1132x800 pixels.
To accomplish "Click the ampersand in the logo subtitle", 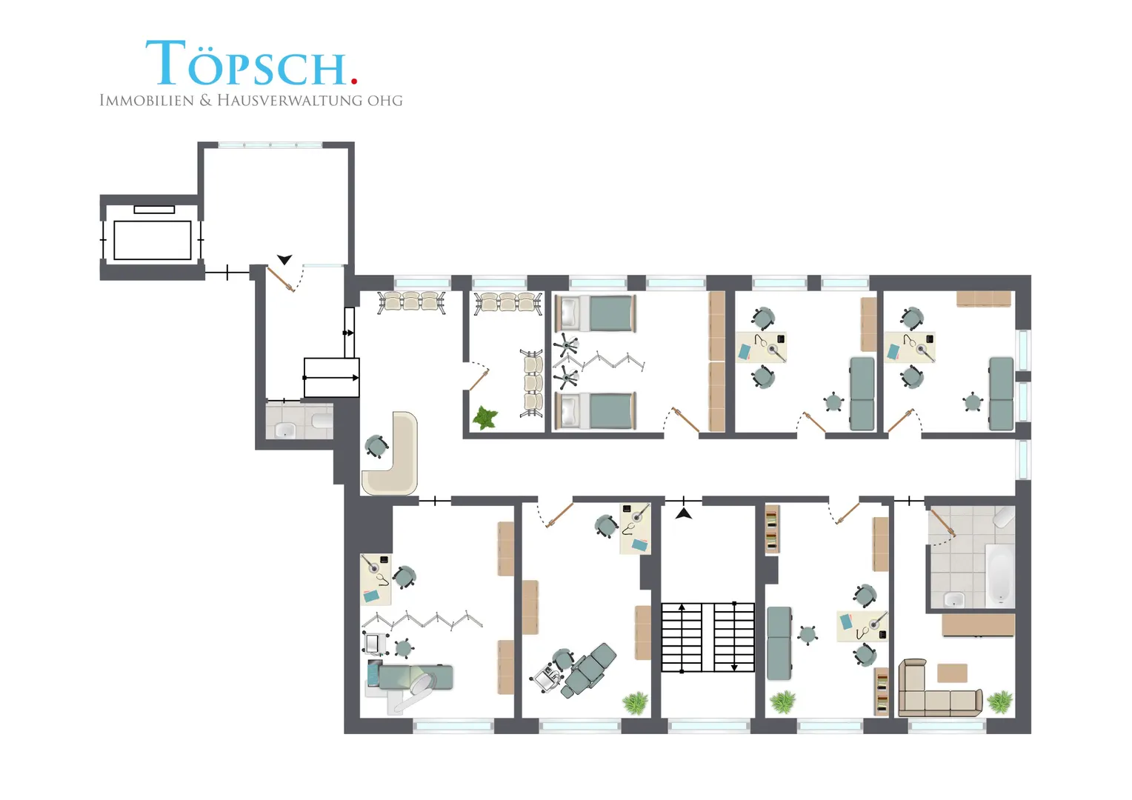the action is tap(206, 100).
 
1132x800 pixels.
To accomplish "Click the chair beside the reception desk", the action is tap(376, 446).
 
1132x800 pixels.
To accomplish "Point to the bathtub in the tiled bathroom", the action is tap(1000, 576).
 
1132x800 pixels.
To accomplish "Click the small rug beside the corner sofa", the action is tap(952, 673).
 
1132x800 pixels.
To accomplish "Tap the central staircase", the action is tap(708, 637).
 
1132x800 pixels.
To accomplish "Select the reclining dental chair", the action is tap(590, 670).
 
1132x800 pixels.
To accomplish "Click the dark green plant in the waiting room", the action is tap(485, 418).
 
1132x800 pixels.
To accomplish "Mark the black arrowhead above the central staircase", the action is tap(684, 513).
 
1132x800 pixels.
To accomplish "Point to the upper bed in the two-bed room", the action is tap(596, 313).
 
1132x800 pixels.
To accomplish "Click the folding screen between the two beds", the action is tap(600, 361).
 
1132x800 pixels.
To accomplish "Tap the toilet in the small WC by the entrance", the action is tap(322, 419).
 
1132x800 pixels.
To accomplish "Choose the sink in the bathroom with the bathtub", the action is tap(955, 600).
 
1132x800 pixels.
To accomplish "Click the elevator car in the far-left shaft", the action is tap(153, 240).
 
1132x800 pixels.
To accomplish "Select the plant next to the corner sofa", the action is tap(1000, 702).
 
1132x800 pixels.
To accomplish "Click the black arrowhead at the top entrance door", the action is tap(284, 259).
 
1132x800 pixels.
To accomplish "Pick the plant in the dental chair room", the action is tap(635, 703).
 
